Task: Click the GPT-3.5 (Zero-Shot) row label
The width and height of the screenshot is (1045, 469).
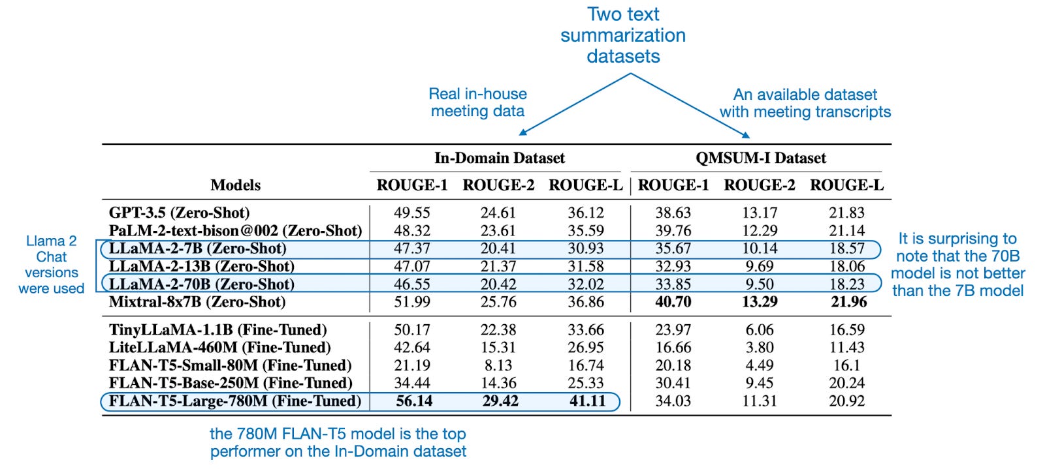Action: click(179, 213)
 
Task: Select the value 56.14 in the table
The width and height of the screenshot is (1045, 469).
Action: click(414, 401)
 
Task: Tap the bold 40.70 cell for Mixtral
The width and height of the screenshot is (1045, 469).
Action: click(673, 302)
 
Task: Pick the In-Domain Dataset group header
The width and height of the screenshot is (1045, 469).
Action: click(500, 158)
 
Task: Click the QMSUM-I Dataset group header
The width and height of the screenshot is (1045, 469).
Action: click(760, 158)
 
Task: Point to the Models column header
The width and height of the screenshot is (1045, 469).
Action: click(235, 185)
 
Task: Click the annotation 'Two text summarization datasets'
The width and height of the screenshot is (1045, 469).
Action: click(623, 35)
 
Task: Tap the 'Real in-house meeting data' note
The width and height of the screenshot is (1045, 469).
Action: click(477, 102)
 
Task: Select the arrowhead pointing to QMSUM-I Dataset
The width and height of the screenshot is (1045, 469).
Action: click(746, 134)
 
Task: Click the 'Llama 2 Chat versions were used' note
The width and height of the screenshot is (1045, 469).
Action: click(51, 265)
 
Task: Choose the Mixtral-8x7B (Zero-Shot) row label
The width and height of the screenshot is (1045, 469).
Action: click(197, 302)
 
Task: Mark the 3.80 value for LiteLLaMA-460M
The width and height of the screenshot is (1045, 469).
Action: click(760, 348)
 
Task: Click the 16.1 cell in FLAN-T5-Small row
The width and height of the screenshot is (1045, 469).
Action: click(846, 365)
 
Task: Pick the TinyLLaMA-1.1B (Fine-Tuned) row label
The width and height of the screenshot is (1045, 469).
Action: click(217, 330)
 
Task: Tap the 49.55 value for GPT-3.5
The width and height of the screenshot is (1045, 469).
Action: click(412, 213)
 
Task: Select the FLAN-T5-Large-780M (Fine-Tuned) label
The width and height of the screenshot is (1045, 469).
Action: click(234, 401)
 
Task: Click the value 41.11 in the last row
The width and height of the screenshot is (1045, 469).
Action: click(587, 401)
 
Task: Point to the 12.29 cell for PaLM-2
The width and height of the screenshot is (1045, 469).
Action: click(760, 231)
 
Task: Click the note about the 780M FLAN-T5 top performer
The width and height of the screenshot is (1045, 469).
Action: click(338, 442)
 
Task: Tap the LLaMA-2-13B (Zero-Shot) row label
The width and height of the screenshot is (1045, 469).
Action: click(201, 266)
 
